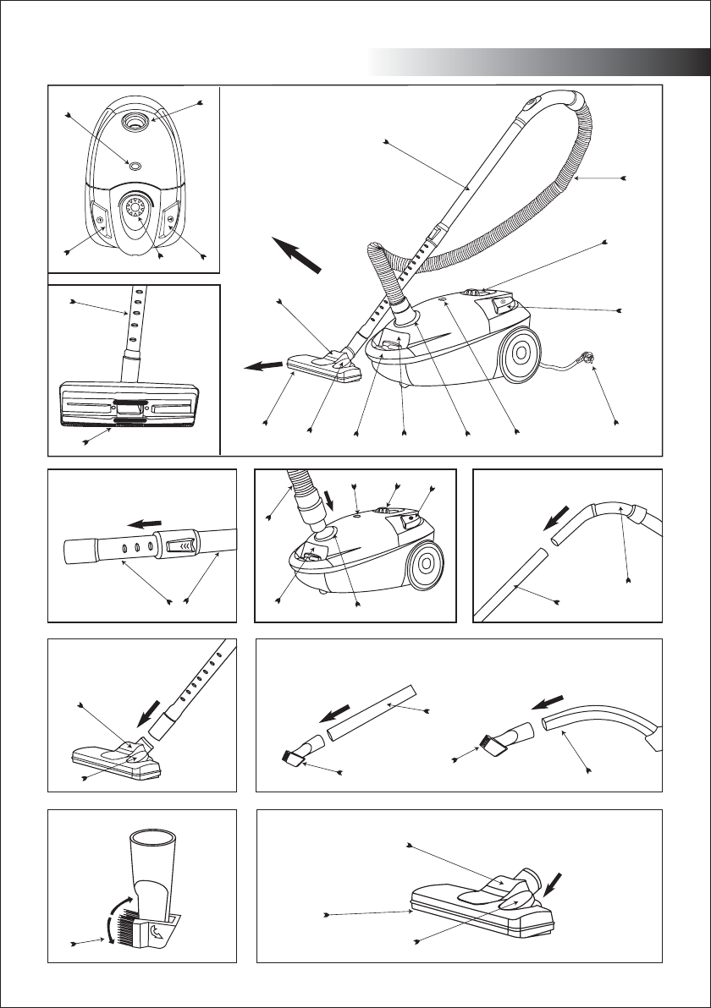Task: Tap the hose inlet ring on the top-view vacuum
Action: pyautogui.click(x=134, y=122)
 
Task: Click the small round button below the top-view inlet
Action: pyautogui.click(x=133, y=163)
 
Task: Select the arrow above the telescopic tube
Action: pyautogui.click(x=141, y=525)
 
